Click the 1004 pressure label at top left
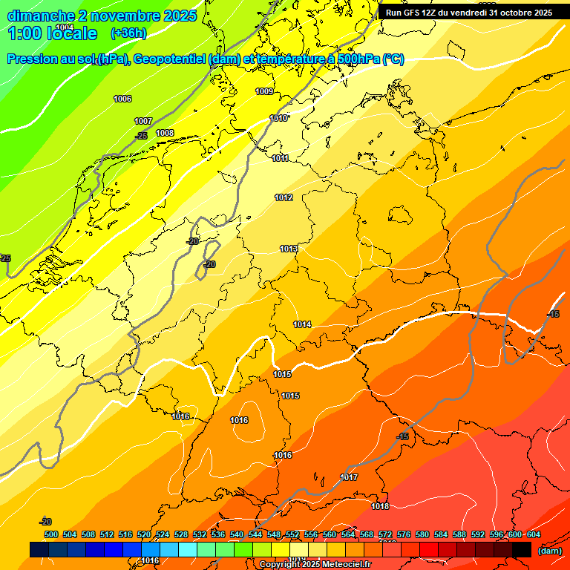(65, 27)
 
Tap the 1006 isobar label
(122, 99)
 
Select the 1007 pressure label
(143, 121)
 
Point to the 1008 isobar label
(165, 133)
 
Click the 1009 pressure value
(264, 91)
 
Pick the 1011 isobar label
(281, 158)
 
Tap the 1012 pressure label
(284, 197)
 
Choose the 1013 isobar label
(289, 249)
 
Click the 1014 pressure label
(302, 324)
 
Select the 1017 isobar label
(350, 476)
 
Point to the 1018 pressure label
(380, 506)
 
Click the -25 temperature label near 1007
(141, 136)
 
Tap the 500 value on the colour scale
(51, 534)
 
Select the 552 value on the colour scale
(292, 534)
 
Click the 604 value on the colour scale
(534, 534)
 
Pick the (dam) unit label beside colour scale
(549, 550)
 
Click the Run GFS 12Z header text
(469, 13)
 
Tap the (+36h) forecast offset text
(128, 33)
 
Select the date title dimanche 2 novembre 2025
(102, 15)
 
